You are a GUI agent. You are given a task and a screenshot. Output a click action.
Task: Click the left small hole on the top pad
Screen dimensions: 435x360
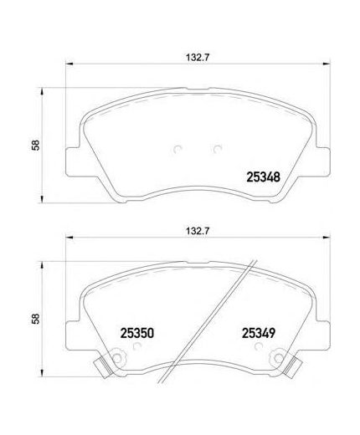pyautogui.click(x=177, y=151)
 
